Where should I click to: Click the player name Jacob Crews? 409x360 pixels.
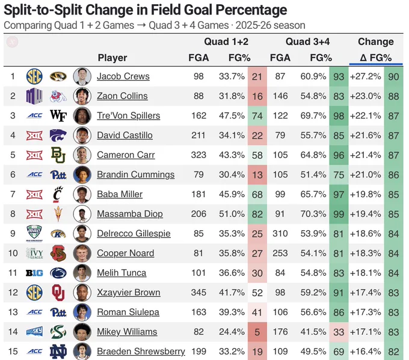pos(123,76)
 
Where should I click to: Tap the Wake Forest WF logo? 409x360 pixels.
pos(58,115)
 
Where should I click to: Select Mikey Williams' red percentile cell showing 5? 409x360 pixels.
pos(257,332)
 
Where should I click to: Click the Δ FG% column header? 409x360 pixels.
pos(375,58)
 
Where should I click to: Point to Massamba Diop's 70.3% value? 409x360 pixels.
pos(313,214)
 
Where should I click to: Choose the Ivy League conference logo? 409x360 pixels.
pos(34,253)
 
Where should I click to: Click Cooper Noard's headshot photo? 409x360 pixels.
pos(82,253)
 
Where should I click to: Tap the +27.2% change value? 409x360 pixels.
pos(366,76)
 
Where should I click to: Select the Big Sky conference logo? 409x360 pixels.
pos(34,332)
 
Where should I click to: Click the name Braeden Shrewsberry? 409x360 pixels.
pos(141,352)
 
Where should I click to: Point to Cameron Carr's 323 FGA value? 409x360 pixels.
pos(198,155)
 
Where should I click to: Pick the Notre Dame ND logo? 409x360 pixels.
pos(58,352)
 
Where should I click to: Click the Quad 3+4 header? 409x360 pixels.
pos(307,41)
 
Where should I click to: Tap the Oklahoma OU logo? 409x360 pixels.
pos(58,293)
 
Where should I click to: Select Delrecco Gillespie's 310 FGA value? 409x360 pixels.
pos(280,233)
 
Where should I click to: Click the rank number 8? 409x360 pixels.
pos(13,214)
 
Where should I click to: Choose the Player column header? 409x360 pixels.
pos(112,58)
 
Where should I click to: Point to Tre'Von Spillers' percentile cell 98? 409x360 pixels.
pos(339,116)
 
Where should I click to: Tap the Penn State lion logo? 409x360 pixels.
pos(58,273)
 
